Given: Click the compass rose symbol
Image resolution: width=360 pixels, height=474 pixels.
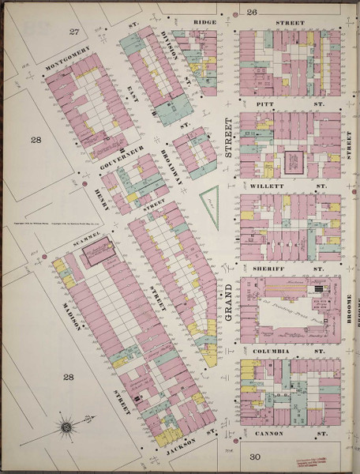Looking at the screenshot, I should point(66,428).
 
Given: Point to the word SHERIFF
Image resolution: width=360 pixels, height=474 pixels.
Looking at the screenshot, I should point(272,268).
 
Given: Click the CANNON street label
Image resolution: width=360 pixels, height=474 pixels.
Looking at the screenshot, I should point(273,434).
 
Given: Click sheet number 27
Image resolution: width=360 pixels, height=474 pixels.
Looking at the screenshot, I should point(75,31).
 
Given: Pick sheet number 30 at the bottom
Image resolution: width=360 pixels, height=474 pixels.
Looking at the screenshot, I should point(254,457).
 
